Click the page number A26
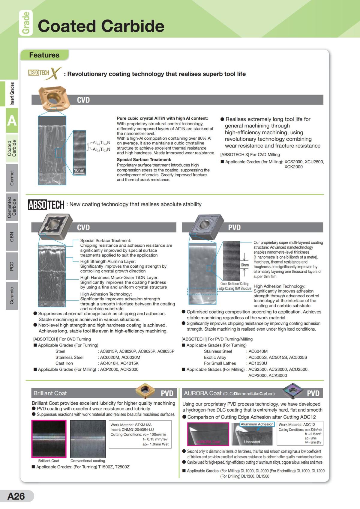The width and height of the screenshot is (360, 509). pyautogui.click(x=16, y=496)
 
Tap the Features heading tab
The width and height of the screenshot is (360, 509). pyautogui.click(x=44, y=55)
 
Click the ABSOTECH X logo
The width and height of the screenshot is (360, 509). pyautogui.click(x=45, y=73)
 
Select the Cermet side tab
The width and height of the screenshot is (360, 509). pyautogui.click(x=12, y=178)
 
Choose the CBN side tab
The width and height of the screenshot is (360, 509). pyautogui.click(x=12, y=237)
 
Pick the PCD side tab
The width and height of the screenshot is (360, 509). pyautogui.click(x=12, y=266)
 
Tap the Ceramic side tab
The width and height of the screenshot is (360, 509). pyautogui.click(x=12, y=295)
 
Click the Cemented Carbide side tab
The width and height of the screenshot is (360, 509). pyautogui.click(x=12, y=207)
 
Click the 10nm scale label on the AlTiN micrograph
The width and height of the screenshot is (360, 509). pyautogui.click(x=79, y=170)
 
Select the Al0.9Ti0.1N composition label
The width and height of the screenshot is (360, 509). pyautogui.click(x=101, y=149)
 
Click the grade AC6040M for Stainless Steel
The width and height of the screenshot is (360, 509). pyautogui.click(x=258, y=351)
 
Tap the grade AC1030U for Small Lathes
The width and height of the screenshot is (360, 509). pyautogui.click(x=258, y=363)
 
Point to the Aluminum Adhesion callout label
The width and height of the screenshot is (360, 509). pyautogui.click(x=257, y=424)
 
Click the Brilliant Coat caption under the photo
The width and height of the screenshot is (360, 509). pyautogui.click(x=49, y=461)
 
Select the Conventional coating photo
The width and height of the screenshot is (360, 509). pyautogui.click(x=88, y=439)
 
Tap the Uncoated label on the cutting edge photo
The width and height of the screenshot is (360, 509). pyautogui.click(x=252, y=442)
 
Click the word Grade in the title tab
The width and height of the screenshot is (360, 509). pyautogui.click(x=26, y=23)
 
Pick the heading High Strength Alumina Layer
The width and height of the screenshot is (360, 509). pyautogui.click(x=108, y=261)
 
